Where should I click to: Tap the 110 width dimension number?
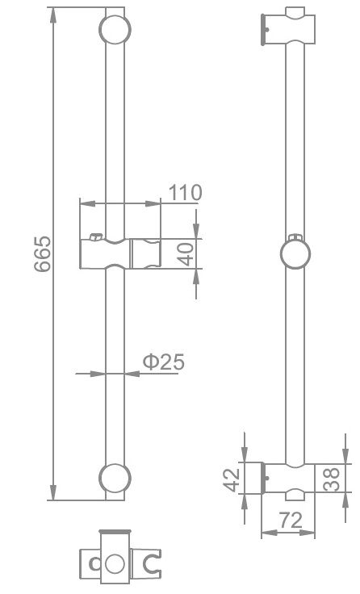pyautogui.click(x=185, y=193)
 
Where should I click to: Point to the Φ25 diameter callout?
pyautogui.click(x=164, y=362)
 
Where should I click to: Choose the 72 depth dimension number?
pyautogui.click(x=288, y=522)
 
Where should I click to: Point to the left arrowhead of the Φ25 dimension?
pyautogui.click(x=100, y=373)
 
